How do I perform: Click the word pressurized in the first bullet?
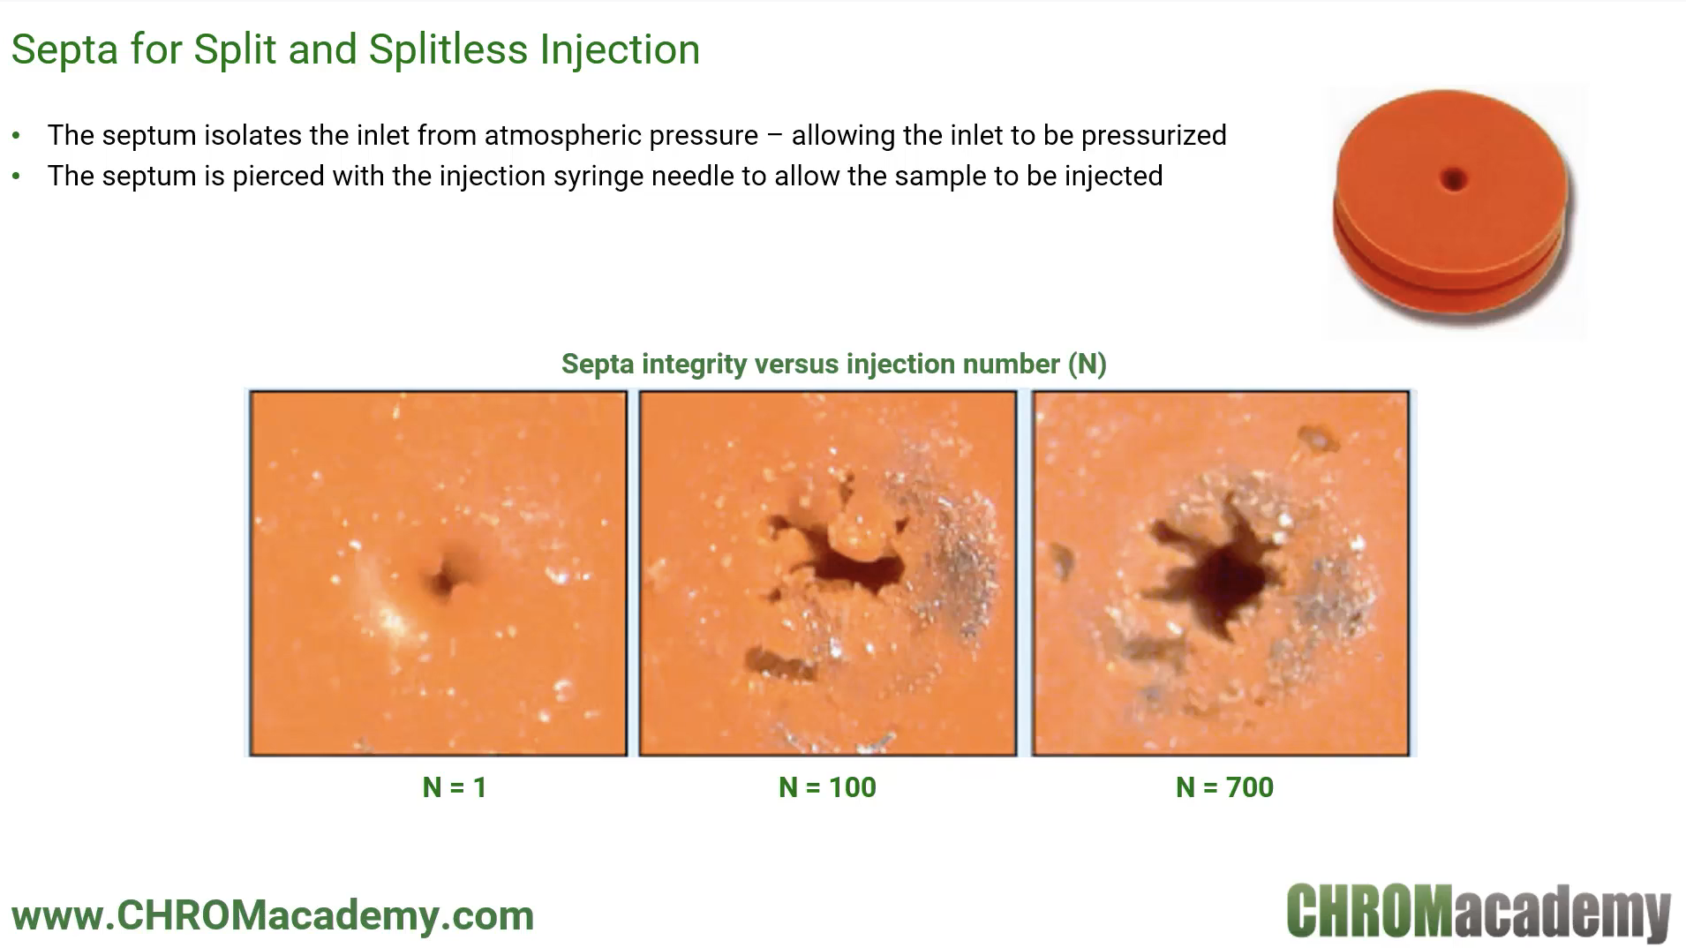coord(1153,136)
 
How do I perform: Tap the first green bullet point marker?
coord(16,136)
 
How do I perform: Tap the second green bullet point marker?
coord(16,177)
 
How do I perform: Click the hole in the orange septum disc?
coord(1453,181)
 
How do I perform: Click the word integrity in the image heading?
coord(695,365)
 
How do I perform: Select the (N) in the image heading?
coord(1087,365)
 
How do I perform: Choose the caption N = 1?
coord(455,787)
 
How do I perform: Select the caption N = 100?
coord(827,787)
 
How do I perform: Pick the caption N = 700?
coord(1224,787)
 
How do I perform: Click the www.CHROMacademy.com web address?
coord(273,915)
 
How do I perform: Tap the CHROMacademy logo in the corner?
coord(1479,911)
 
